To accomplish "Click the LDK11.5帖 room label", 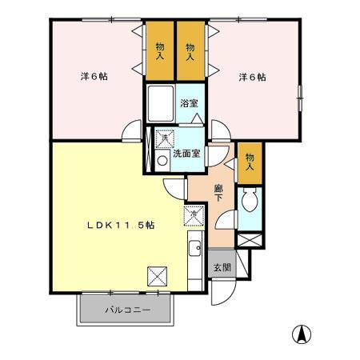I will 120,226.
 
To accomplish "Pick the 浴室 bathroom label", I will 190,102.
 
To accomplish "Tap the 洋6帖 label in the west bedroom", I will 94,77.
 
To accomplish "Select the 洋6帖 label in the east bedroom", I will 252,77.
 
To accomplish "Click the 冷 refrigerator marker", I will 193,214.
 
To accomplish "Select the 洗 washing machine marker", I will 164,138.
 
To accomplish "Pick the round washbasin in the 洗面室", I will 162,159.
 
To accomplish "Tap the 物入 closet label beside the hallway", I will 250,162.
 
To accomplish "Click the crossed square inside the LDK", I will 158,277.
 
